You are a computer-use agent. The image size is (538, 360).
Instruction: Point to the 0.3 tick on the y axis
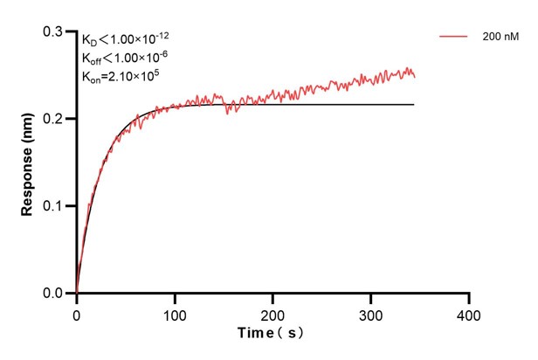54,31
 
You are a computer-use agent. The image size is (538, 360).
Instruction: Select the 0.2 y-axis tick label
54,119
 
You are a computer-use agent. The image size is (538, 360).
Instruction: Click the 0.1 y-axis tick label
54,206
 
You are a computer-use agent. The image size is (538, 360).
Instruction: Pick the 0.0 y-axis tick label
54,294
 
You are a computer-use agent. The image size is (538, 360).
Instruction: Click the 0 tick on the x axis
77,312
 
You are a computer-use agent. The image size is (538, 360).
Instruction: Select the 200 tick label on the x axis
273,312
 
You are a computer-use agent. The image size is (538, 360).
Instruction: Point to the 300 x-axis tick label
371,312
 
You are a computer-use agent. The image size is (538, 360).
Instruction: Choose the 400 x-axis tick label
470,312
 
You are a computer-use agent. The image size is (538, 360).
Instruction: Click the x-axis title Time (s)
272,333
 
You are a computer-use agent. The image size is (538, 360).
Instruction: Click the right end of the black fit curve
413,105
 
